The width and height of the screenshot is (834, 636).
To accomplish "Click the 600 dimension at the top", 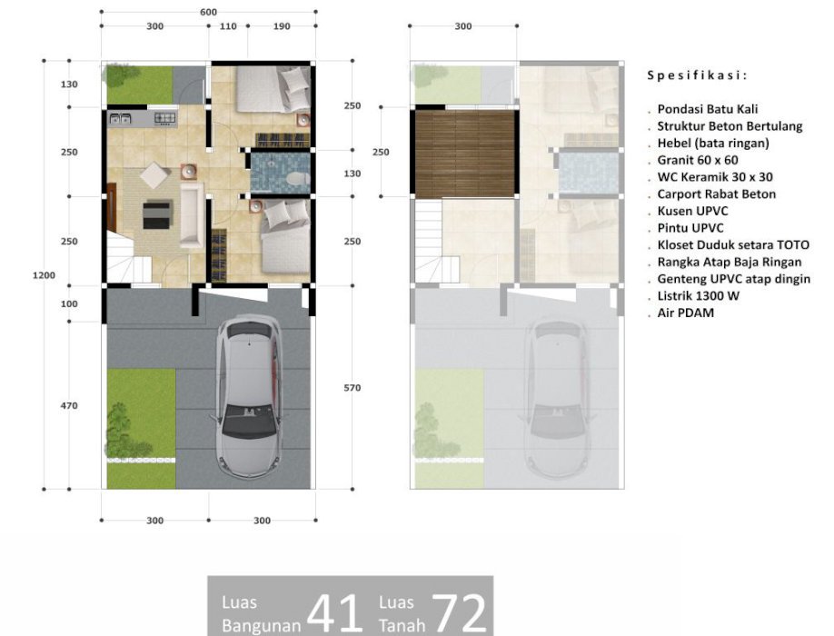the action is (x=209, y=12).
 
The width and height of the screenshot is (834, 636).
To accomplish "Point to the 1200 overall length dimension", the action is (x=44, y=275).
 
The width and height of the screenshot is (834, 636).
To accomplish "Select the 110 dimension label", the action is (x=228, y=26).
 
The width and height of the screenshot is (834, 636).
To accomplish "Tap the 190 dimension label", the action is (x=282, y=26).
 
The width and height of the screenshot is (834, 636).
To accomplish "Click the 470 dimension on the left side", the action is (x=69, y=406).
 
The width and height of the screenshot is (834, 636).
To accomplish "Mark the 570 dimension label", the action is (x=352, y=388).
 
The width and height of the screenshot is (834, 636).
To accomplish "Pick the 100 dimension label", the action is (x=69, y=304).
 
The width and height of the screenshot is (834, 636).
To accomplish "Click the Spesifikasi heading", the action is (x=697, y=75).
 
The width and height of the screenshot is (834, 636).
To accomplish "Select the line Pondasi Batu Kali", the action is (x=708, y=109).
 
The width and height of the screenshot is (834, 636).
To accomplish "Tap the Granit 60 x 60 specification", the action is (x=698, y=160).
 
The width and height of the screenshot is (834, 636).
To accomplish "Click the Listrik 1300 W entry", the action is (x=698, y=296).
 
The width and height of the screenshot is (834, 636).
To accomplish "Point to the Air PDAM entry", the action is (x=686, y=313).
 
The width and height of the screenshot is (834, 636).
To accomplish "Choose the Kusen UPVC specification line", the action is (x=692, y=211).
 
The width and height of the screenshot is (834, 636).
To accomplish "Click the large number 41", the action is (x=334, y=611).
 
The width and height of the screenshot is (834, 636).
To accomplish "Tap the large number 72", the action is (x=459, y=611).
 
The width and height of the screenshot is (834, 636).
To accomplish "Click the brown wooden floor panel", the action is (x=465, y=154).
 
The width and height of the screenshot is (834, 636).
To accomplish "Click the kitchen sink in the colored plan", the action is (x=120, y=119).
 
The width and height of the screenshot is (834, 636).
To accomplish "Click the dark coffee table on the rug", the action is (x=157, y=214).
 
